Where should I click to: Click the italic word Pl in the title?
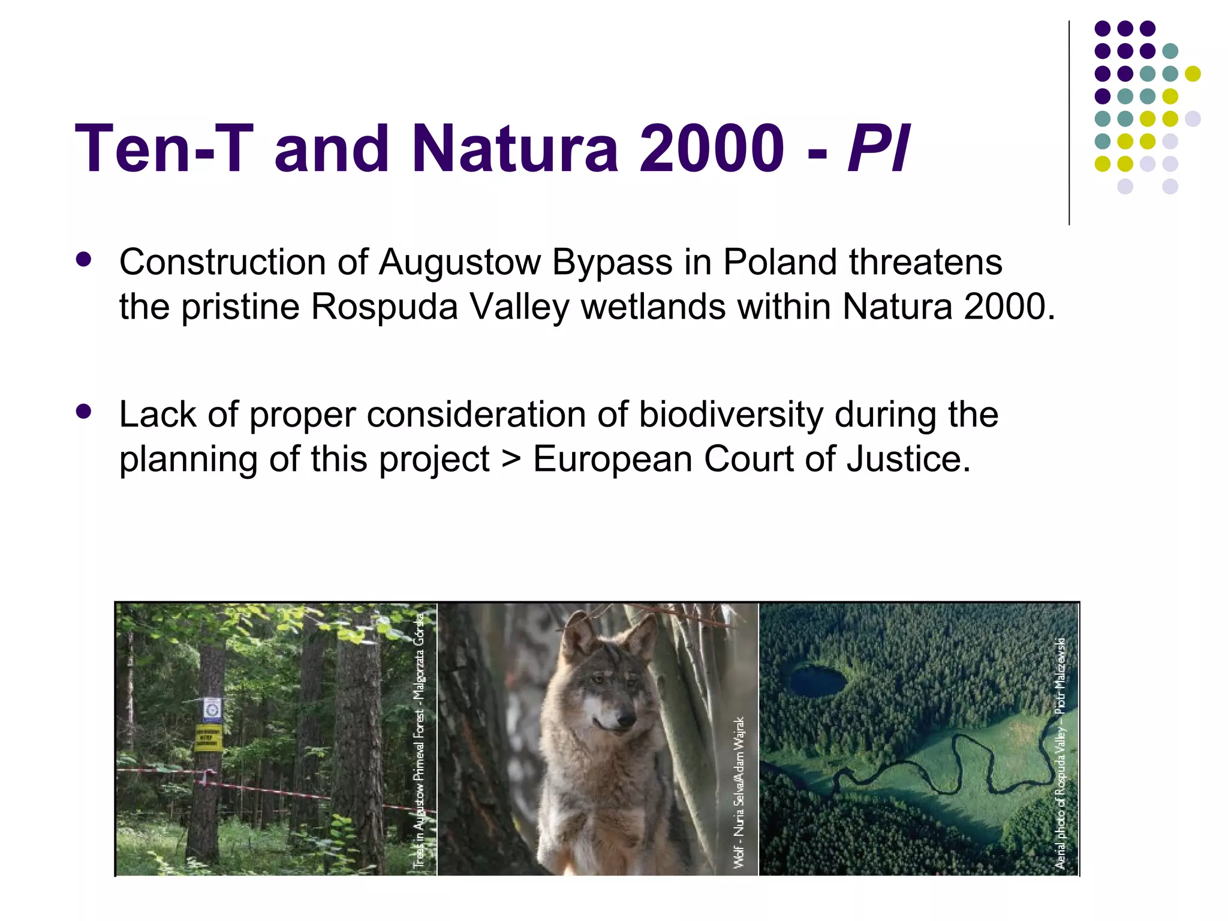click(x=879, y=148)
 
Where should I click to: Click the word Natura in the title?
click(x=515, y=148)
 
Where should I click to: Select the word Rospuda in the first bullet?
click(x=384, y=307)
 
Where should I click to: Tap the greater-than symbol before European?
click(x=511, y=460)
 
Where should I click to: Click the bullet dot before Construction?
click(x=84, y=259)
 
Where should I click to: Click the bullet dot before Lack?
click(x=84, y=412)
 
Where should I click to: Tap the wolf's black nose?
click(x=625, y=719)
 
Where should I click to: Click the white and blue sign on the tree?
click(x=211, y=710)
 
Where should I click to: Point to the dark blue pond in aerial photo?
click(x=817, y=680)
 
